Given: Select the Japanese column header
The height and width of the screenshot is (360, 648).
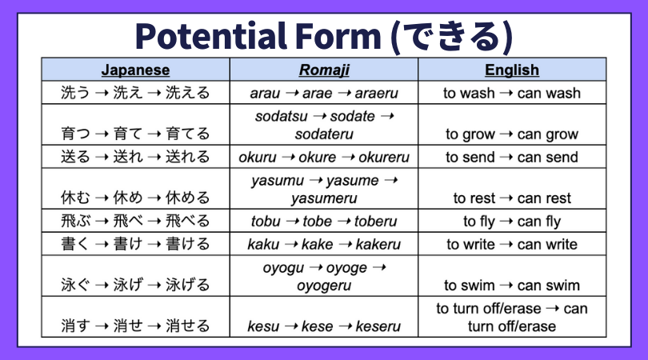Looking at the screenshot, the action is coord(135,70).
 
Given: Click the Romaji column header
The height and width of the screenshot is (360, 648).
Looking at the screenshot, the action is coord(324,70).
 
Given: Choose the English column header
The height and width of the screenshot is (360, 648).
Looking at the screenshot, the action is coord(512,70).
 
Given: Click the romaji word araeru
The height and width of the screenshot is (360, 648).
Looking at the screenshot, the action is coord(377,94).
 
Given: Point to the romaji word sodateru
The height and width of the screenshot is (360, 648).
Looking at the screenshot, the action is coord(324,134).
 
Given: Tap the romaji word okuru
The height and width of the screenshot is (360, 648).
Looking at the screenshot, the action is coord(258,158).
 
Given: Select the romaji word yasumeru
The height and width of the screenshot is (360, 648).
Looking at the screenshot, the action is coord(324,198).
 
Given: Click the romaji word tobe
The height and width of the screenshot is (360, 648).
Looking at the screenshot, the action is coord(317,222).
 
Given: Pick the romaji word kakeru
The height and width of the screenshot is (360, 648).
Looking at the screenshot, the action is coord(378,245).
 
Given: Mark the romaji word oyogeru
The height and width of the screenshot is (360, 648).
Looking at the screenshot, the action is coord(324,286).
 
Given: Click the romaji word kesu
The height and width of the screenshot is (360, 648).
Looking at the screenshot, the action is coord(263,326).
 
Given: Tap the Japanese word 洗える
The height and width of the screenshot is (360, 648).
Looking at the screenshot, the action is coord(188,93).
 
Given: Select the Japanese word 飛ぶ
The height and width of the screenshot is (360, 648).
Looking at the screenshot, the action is coord(76,221).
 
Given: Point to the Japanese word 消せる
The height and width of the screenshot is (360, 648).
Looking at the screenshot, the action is coord(188,326).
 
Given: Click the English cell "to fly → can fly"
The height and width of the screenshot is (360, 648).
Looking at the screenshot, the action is coord(512,222).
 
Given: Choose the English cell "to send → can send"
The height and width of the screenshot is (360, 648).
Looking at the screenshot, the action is coord(512,158).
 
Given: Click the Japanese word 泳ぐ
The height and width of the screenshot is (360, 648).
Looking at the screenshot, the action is coord(76,285).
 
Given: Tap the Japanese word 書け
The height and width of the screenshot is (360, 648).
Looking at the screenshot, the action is coord(128,244).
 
